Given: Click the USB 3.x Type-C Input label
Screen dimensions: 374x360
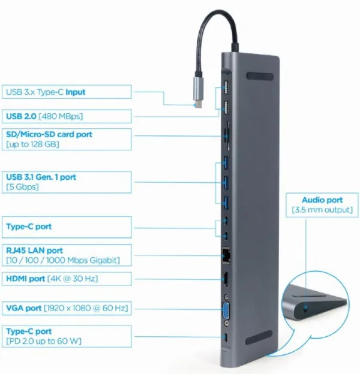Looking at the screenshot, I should (x=45, y=92).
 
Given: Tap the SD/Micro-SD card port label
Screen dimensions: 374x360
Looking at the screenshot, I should (x=49, y=134).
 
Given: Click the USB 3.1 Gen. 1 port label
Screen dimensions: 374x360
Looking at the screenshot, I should (x=40, y=177).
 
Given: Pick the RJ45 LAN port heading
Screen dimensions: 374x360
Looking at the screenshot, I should (x=34, y=249).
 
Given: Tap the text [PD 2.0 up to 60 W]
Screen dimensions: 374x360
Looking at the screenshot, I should (x=43, y=341).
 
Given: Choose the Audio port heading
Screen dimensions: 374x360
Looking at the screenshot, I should (x=322, y=200).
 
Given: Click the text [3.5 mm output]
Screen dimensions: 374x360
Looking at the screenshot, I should (x=322, y=210).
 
